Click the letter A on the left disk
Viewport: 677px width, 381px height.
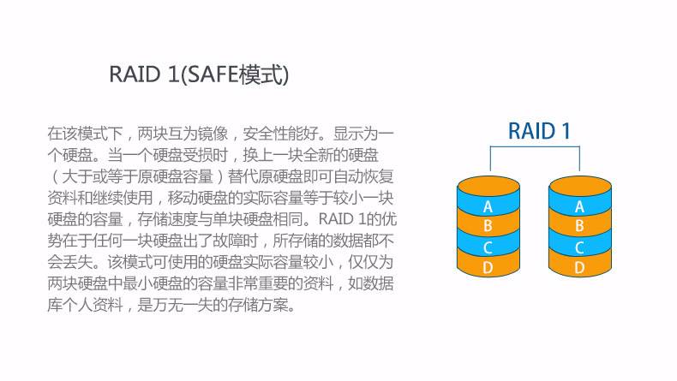(488, 207)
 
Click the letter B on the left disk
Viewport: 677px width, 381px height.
(488, 226)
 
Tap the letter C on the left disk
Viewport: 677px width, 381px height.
(488, 247)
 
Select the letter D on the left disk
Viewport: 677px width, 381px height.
(488, 268)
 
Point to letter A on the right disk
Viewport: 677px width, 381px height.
(580, 207)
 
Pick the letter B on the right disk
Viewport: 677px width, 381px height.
(580, 226)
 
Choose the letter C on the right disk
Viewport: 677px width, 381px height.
(580, 247)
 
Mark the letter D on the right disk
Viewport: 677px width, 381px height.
(580, 268)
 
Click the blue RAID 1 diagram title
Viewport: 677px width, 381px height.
(539, 131)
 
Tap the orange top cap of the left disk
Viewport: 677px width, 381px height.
(488, 185)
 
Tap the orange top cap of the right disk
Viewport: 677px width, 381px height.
(580, 185)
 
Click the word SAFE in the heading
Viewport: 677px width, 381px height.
(213, 74)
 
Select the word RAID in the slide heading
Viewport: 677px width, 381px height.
(135, 74)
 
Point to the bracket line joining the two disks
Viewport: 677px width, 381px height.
(535, 146)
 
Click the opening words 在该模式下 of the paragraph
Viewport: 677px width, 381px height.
(85, 134)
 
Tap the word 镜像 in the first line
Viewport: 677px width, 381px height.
(213, 134)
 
